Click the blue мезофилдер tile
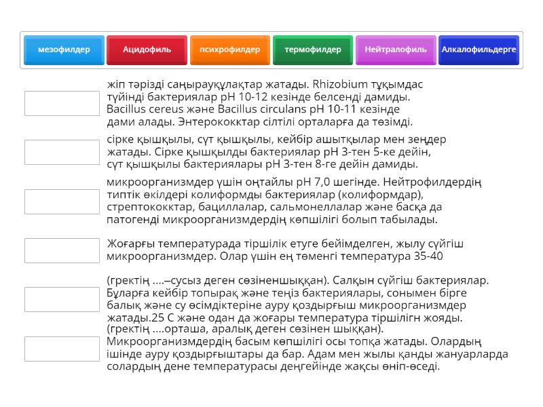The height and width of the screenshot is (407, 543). coord(64,50)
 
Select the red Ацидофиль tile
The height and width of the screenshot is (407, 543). coord(147,50)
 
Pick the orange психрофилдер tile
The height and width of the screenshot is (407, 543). coord(229,50)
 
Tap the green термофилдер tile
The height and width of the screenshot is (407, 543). coord(313,50)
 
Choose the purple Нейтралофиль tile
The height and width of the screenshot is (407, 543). coord(396,50)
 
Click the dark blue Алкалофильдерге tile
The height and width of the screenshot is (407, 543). coord(479,50)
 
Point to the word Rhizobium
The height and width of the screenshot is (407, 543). coord(337,85)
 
